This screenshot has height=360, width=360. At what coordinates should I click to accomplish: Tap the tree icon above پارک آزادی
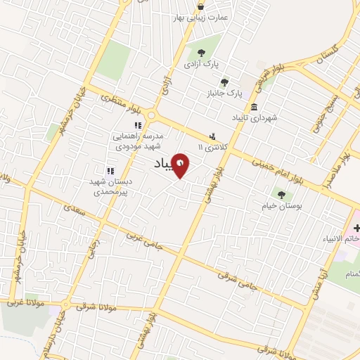click(x=202, y=53)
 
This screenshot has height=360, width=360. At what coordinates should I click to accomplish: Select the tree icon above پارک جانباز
click(x=225, y=82)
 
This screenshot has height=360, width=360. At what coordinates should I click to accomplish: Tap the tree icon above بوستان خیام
click(x=281, y=195)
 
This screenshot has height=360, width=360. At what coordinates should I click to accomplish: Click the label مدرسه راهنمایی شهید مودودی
click(x=138, y=140)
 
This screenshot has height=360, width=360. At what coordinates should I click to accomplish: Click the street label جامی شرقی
click(x=236, y=277)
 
